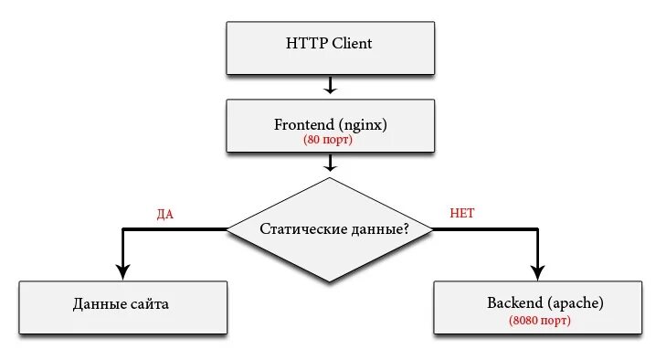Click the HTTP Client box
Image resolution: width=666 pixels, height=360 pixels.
click(x=329, y=48)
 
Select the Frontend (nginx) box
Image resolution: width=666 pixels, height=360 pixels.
click(x=329, y=125)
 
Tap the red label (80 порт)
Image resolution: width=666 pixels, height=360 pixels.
click(x=329, y=141)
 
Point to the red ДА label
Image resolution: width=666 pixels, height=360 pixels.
click(x=165, y=214)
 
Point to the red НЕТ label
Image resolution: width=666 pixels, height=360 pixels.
click(x=462, y=214)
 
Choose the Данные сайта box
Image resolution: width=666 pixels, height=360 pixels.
click(x=122, y=307)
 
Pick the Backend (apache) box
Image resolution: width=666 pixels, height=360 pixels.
click(x=539, y=307)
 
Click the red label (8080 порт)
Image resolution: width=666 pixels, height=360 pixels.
click(x=540, y=322)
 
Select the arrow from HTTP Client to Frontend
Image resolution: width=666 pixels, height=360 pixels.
click(x=330, y=86)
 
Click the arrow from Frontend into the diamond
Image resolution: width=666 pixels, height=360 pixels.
click(x=330, y=163)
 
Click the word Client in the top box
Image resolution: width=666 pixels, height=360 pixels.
click(x=351, y=43)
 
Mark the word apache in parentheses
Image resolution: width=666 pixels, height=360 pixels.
click(x=572, y=302)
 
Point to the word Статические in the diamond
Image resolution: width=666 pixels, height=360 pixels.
click(x=300, y=229)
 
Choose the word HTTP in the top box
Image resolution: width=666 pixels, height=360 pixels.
click(x=305, y=43)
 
